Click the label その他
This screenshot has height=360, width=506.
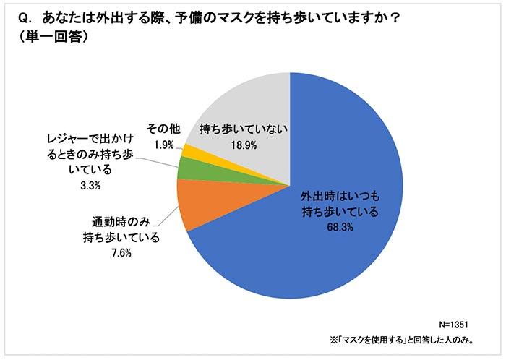point(164,130)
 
